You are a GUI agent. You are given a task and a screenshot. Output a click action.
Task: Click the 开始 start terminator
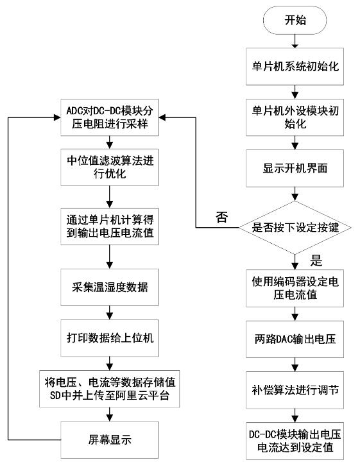(x=295, y=20)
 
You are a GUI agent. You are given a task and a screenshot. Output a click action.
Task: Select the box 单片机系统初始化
(x=295, y=66)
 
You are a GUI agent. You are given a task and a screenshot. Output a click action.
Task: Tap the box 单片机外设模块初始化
(x=295, y=117)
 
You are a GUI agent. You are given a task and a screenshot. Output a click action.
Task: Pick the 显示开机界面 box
(x=295, y=168)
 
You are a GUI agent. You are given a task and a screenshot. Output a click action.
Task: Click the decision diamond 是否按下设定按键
(x=295, y=228)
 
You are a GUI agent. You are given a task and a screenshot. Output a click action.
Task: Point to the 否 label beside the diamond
(x=222, y=217)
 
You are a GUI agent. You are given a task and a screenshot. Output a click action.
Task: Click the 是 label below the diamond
(x=316, y=261)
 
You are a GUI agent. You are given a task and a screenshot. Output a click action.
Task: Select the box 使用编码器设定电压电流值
(x=295, y=288)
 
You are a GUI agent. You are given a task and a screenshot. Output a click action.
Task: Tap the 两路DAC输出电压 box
(x=295, y=339)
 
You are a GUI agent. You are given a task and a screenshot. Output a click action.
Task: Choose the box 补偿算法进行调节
(x=295, y=390)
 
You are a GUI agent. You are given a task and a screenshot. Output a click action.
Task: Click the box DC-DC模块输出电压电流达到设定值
(x=295, y=441)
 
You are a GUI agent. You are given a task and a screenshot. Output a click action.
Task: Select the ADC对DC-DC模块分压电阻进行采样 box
(x=110, y=117)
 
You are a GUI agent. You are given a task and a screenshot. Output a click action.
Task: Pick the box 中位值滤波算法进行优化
(x=110, y=167)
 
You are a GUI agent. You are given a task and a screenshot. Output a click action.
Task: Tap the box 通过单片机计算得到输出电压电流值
(x=110, y=226)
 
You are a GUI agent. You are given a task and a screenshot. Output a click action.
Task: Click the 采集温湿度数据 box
(x=110, y=287)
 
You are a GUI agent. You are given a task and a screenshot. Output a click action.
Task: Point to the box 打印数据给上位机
(x=110, y=338)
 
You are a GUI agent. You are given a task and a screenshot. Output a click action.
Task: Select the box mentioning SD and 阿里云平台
(x=110, y=389)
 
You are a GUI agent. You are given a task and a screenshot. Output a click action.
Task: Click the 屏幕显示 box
(x=110, y=440)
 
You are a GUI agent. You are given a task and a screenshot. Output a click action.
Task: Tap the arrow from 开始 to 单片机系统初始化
(x=295, y=41)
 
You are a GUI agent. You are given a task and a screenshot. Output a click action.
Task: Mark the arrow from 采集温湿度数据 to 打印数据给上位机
(x=110, y=312)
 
